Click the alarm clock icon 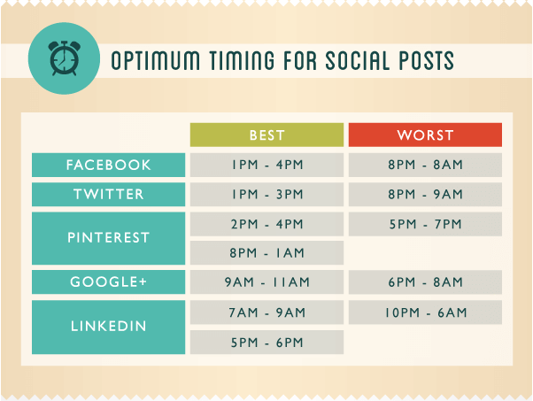click(64, 58)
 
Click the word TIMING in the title click(242, 60)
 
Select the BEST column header click(266, 135)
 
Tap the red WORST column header click(425, 135)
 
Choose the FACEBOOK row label click(108, 165)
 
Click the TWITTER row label click(108, 195)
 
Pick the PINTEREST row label click(108, 238)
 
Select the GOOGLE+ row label click(108, 281)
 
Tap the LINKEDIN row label click(108, 327)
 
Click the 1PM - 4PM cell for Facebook click(266, 165)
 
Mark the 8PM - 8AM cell click(425, 165)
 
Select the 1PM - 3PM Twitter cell click(266, 195)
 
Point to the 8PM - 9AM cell click(425, 195)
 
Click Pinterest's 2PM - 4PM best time click(266, 224)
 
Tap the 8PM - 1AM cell click(266, 253)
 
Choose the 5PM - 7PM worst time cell click(425, 224)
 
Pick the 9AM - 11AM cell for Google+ click(266, 281)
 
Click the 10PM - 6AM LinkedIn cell click(425, 312)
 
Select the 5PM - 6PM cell click(266, 342)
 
